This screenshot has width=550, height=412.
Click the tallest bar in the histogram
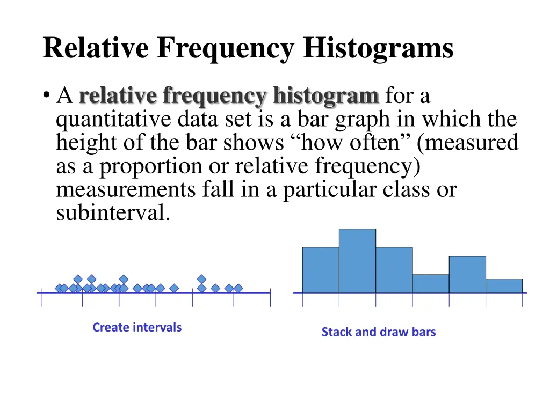click(x=357, y=261)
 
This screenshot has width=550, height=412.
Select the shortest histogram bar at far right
click(x=504, y=286)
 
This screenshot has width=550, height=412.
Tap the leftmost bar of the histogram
click(x=321, y=270)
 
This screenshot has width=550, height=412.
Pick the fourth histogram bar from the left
click(x=431, y=284)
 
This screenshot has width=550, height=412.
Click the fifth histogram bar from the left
click(x=467, y=275)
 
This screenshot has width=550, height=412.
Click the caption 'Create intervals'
click(x=137, y=327)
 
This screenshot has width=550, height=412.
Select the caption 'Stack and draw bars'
click(x=379, y=332)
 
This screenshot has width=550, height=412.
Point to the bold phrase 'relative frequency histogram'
click(x=229, y=97)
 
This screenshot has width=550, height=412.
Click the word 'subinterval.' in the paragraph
click(x=113, y=214)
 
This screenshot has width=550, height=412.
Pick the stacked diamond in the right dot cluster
click(x=202, y=279)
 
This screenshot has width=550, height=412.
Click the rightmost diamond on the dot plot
click(x=238, y=288)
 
